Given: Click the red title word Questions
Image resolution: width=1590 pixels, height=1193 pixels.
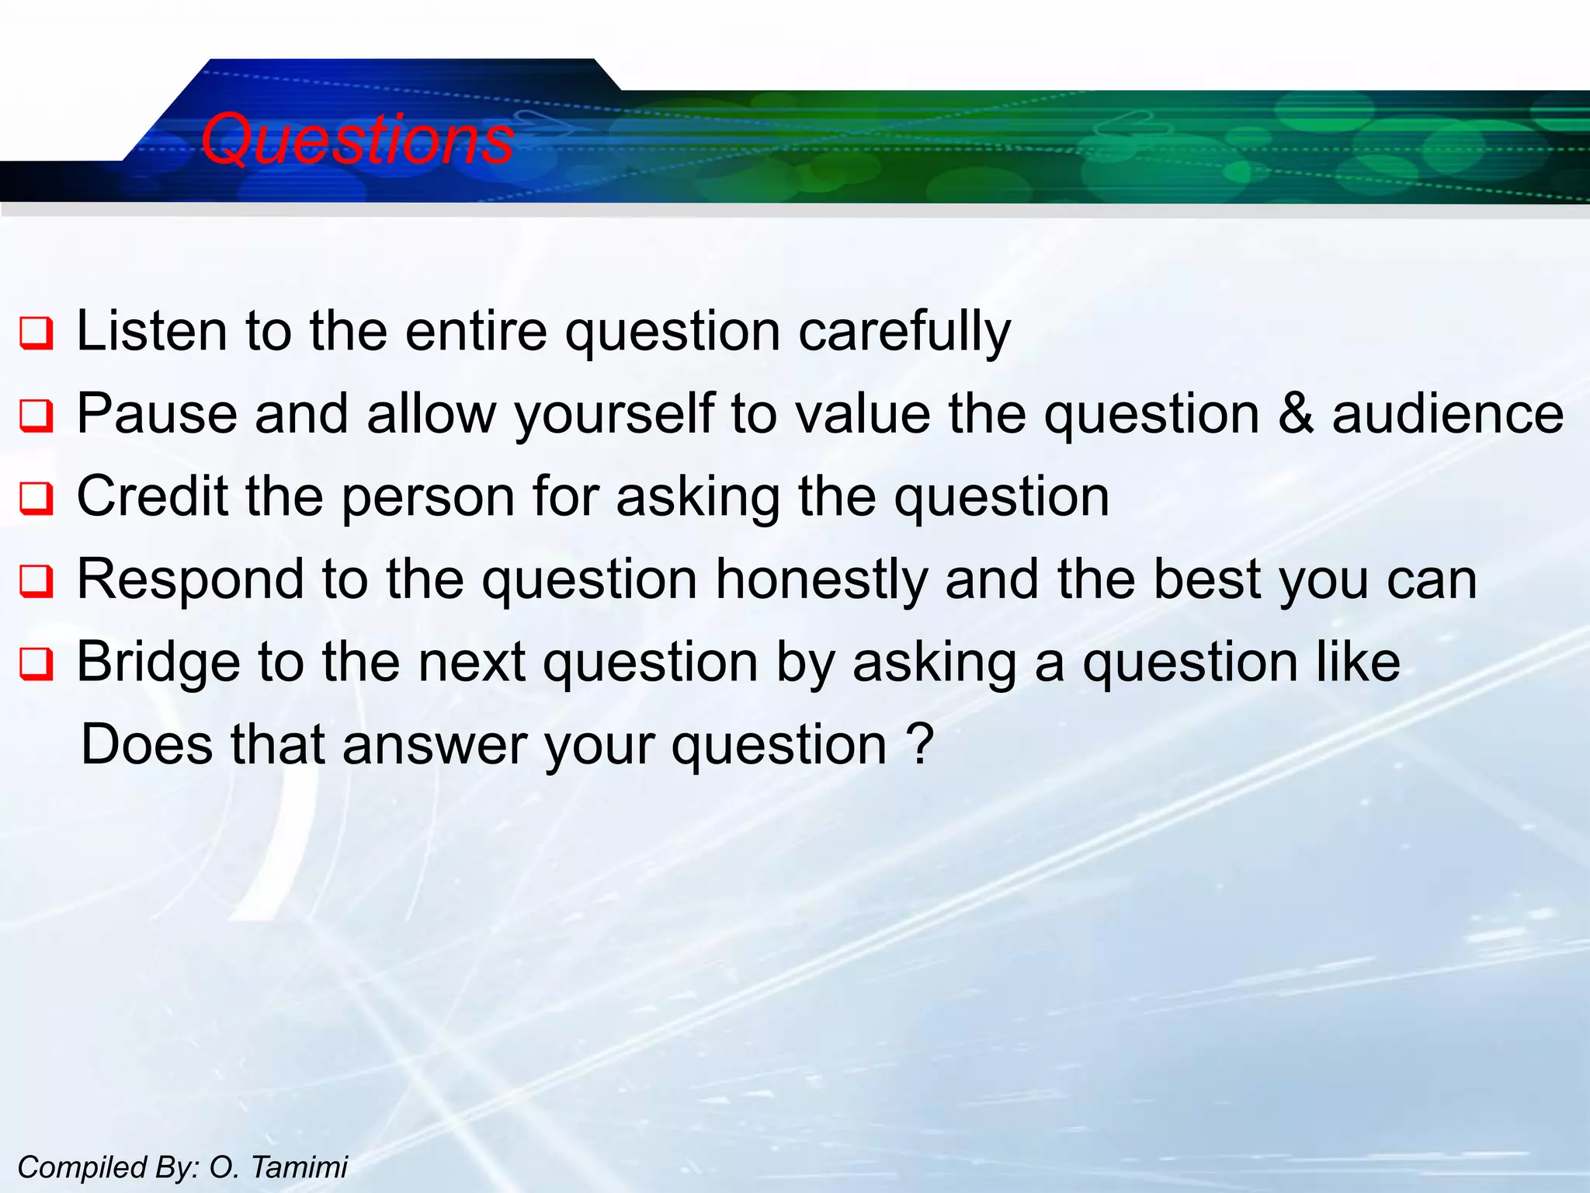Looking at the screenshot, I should tap(357, 140).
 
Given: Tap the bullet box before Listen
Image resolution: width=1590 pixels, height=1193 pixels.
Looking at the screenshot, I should tap(36, 333).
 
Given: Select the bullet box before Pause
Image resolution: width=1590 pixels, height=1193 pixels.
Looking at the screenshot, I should tap(36, 416).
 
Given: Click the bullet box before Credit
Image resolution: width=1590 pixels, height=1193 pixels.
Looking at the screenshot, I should tap(36, 499).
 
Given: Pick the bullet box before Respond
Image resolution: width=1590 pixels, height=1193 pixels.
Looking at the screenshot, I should tap(36, 581).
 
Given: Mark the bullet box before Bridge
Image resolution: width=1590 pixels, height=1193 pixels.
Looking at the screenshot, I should tap(36, 664).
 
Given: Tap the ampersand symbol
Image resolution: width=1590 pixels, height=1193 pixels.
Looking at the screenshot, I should tap(1296, 413).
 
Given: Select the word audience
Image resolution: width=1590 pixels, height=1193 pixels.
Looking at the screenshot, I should tap(1448, 413).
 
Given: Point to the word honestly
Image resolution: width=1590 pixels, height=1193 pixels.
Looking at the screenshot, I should tap(821, 579).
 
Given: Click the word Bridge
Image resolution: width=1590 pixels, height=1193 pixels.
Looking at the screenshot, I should tap(158, 663).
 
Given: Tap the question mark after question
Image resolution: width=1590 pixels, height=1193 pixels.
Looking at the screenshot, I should tap(920, 744).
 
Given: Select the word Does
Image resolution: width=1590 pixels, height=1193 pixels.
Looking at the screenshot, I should tap(147, 744).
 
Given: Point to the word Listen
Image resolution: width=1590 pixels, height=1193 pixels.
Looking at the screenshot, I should tap(152, 331).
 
